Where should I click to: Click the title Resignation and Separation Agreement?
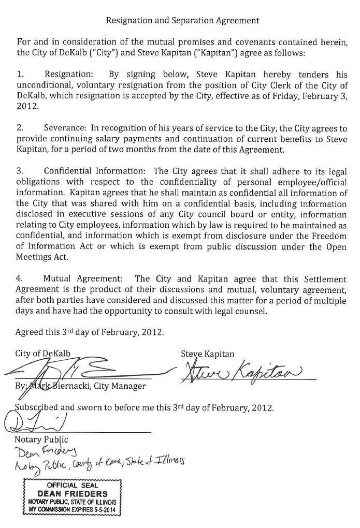[x=182, y=21]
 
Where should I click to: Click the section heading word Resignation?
[x=69, y=75]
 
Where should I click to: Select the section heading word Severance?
[x=66, y=128]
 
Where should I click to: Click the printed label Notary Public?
[x=41, y=440]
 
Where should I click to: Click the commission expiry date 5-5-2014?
[x=105, y=509]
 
